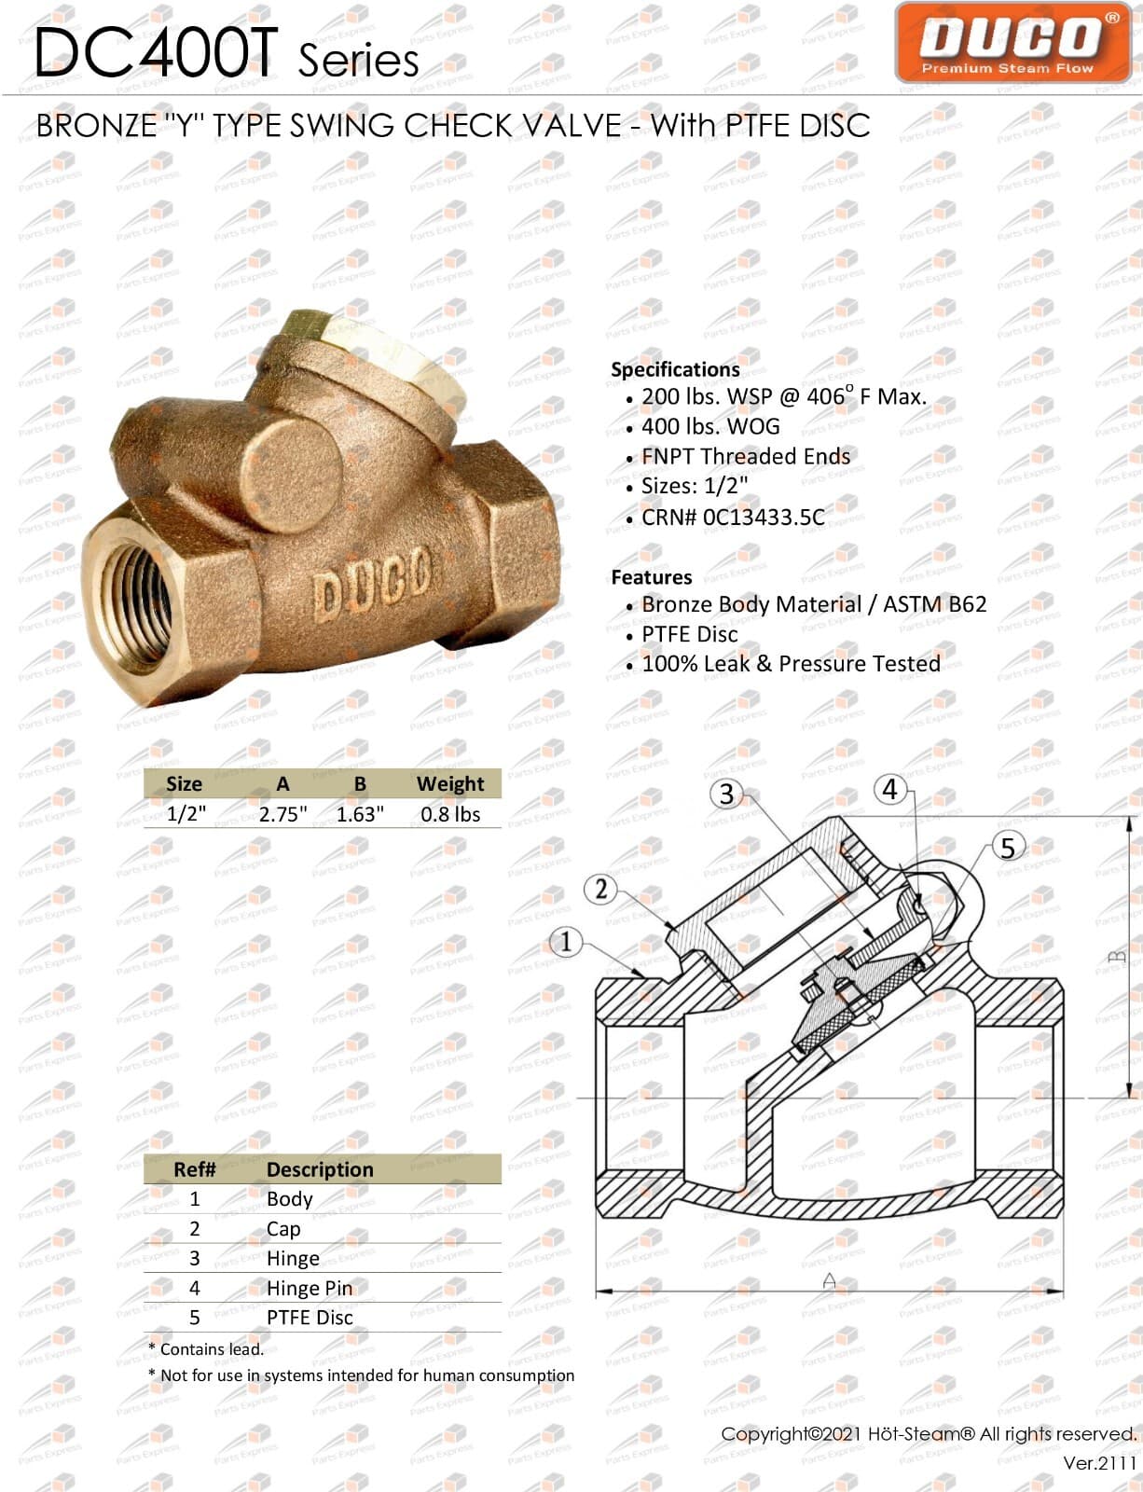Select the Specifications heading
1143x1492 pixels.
[x=675, y=369]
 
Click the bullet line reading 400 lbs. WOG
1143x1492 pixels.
[x=709, y=426]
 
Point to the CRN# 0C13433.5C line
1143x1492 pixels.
[x=732, y=517]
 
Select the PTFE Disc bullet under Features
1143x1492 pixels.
[x=689, y=634]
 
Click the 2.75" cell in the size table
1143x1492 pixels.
[x=282, y=814]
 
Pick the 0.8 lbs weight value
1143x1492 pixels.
[x=450, y=814]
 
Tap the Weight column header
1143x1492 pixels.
[x=450, y=783]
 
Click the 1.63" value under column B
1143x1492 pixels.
[x=360, y=814]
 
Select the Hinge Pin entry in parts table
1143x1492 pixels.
[x=310, y=1288]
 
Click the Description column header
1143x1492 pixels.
[x=320, y=1169]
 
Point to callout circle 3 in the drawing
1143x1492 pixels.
[x=727, y=794]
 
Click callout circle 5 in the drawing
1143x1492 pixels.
[x=1007, y=848]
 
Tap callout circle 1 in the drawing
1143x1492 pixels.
[x=566, y=942]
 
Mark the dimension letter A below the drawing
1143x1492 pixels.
[x=829, y=1281]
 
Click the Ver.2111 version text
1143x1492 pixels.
[x=1099, y=1462]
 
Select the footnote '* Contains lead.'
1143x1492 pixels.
[x=206, y=1348]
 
